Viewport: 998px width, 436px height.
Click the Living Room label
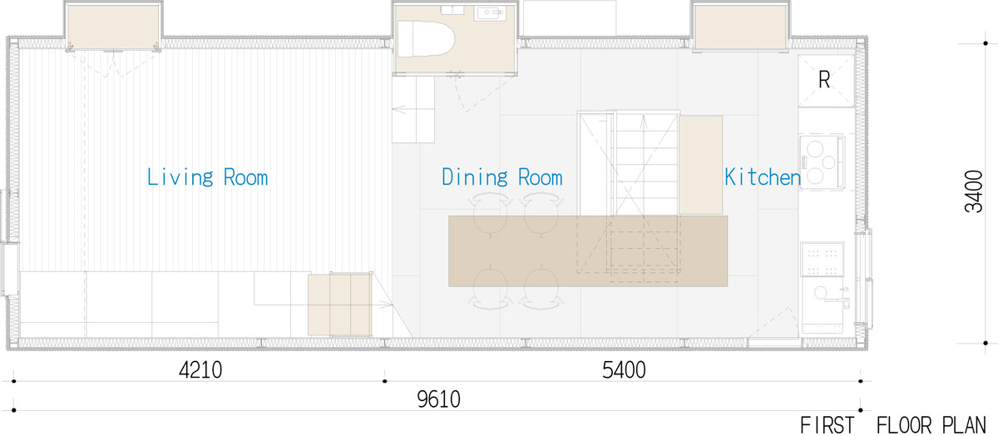[208, 177]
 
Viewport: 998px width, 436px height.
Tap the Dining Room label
[502, 177]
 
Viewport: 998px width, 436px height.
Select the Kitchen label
[763, 177]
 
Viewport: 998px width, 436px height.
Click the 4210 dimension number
[200, 370]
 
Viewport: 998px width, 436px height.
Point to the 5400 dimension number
[624, 370]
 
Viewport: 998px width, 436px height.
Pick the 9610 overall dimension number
[439, 399]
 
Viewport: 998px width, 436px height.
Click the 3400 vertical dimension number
[973, 191]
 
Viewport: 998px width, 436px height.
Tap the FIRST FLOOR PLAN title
[893, 425]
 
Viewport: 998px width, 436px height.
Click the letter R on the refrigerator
[824, 80]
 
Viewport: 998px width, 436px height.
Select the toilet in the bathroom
[425, 38]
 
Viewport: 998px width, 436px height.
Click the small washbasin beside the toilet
[491, 13]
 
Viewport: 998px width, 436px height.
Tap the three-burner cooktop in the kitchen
[823, 162]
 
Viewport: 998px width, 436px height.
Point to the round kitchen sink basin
[821, 293]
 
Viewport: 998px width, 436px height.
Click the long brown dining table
[588, 251]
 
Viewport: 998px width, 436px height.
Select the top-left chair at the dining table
[490, 214]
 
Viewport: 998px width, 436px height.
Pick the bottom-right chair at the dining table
[541, 288]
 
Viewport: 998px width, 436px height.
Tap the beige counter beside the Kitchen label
[701, 165]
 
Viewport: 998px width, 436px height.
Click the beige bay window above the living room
[114, 27]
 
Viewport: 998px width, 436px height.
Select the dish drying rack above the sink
[822, 259]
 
